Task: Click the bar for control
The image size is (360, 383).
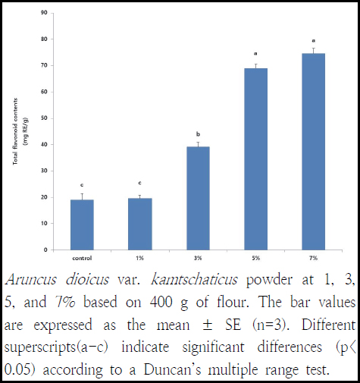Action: coord(82,224)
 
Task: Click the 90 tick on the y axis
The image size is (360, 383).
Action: coord(46,13)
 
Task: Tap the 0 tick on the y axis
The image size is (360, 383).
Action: coord(48,250)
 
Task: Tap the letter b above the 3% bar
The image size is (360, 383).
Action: coord(198,132)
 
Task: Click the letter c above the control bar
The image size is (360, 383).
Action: coord(82,184)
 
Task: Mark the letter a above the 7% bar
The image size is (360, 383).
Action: coord(314,40)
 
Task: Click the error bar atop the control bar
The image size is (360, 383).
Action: coord(82,195)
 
